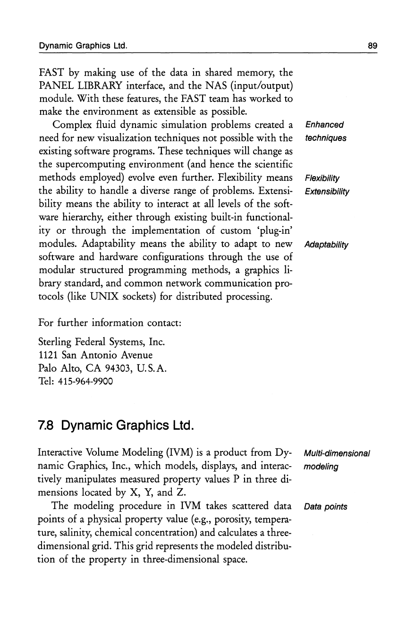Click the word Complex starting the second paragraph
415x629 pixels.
click(x=71, y=125)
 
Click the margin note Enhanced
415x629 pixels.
click(x=324, y=125)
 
